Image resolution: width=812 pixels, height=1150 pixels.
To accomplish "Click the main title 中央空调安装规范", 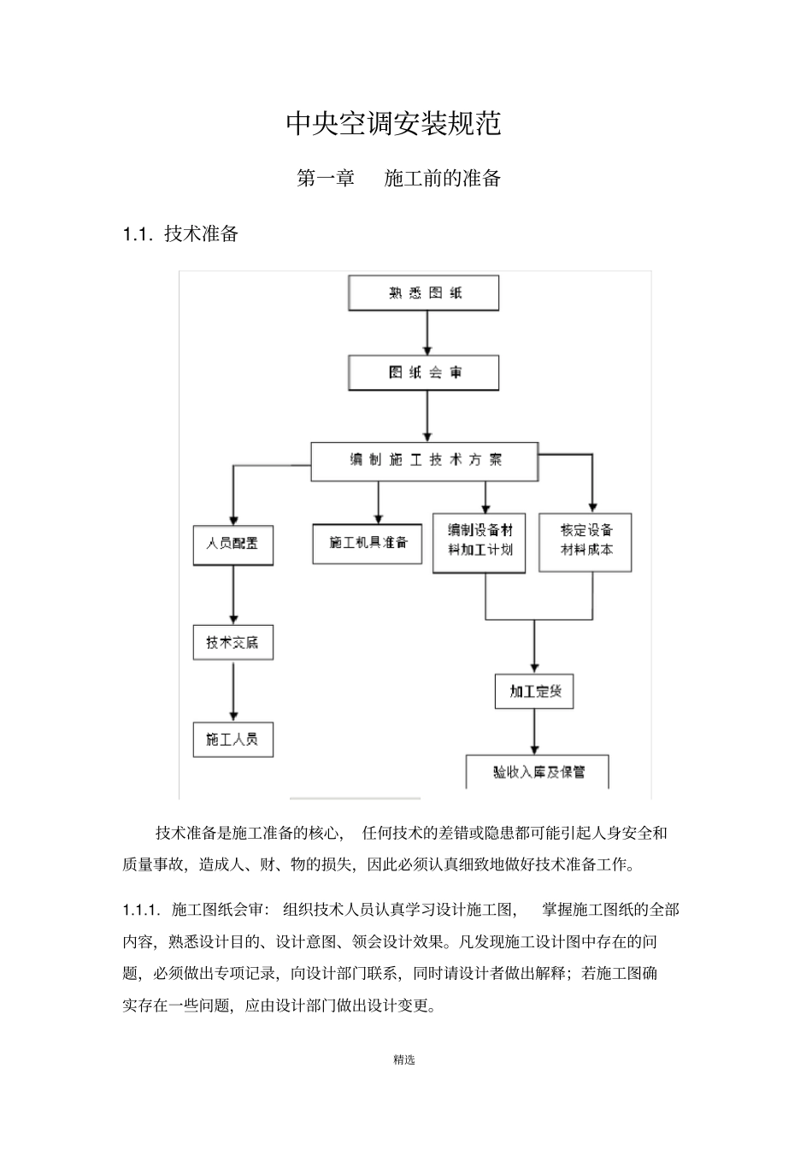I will (393, 124).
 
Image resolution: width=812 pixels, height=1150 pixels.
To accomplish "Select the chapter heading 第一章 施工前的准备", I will (398, 179).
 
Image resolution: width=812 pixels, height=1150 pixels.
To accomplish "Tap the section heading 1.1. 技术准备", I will (180, 233).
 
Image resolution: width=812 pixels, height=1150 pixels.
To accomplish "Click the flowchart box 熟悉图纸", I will (424, 293).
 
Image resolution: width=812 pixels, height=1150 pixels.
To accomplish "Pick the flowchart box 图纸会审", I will (424, 373).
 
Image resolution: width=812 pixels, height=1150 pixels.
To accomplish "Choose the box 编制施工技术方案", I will (425, 461).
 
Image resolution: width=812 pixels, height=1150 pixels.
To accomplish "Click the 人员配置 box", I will (232, 545).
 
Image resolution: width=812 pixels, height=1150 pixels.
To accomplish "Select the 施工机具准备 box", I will (368, 543).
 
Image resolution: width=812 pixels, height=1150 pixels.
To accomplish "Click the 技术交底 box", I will (232, 642).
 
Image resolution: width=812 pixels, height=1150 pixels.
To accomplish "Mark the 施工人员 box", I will (232, 739).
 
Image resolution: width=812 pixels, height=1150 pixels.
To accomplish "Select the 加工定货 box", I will (534, 691).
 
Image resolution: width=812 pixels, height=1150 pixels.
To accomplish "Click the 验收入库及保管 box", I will (538, 772).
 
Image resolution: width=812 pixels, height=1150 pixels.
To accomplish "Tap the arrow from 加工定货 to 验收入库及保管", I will (535, 731).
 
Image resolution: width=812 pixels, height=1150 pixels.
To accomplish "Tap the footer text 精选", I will (404, 1060).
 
